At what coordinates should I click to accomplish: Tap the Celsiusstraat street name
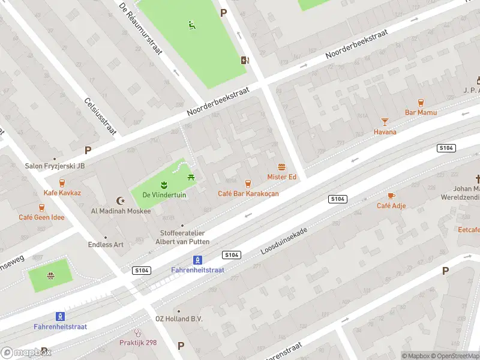[x=100, y=116]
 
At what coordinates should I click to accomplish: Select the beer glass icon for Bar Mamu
[x=421, y=103]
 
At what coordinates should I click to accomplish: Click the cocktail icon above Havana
[x=385, y=122]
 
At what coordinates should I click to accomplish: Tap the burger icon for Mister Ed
[x=281, y=167]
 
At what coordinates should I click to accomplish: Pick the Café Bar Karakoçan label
[x=248, y=193]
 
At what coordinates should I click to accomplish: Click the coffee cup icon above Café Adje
[x=391, y=196]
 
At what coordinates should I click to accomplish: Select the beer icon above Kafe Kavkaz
[x=62, y=183]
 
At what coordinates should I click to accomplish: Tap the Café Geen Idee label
[x=41, y=217]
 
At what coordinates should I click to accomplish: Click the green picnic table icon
[x=191, y=176]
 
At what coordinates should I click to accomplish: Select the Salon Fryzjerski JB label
[x=55, y=166]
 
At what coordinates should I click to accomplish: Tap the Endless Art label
[x=106, y=244]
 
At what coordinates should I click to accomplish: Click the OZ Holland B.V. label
[x=179, y=319]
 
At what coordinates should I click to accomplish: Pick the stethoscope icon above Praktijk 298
[x=137, y=332]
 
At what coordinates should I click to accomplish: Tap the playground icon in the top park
[x=191, y=25]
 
